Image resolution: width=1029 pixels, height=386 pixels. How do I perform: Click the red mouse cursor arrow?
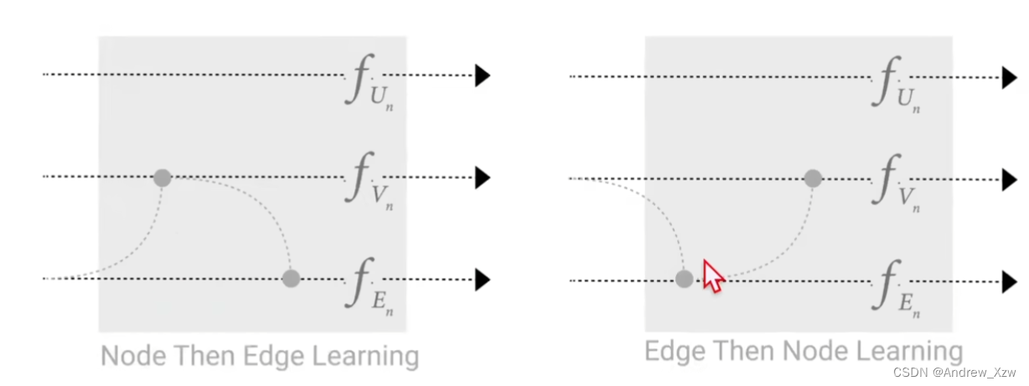point(711,275)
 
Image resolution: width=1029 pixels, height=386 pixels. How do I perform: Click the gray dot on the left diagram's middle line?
point(163,178)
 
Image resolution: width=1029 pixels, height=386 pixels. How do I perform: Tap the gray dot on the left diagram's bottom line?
point(291,278)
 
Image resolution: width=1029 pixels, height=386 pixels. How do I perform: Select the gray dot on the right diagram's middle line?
point(812,178)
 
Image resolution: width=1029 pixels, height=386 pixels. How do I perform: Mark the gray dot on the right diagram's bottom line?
point(685,280)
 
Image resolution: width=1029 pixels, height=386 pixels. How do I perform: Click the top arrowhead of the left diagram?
point(482,75)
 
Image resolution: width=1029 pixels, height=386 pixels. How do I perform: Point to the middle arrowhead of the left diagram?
point(482,178)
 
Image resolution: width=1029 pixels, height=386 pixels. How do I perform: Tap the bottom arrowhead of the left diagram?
point(482,279)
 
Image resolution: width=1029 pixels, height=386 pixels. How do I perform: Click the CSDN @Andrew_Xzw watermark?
point(954,372)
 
